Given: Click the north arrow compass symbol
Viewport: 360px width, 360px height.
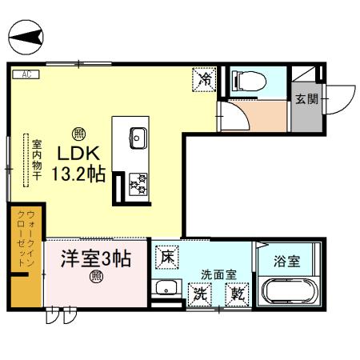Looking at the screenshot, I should (26, 36).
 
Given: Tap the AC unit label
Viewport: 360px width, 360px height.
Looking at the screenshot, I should (26, 74).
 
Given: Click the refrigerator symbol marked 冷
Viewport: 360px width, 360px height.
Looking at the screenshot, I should (204, 80).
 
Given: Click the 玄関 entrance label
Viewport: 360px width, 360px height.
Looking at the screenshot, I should (304, 99).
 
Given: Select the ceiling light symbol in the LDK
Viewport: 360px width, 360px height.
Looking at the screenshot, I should (78, 133).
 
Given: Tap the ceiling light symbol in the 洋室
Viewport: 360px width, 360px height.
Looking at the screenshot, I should (96, 278).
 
